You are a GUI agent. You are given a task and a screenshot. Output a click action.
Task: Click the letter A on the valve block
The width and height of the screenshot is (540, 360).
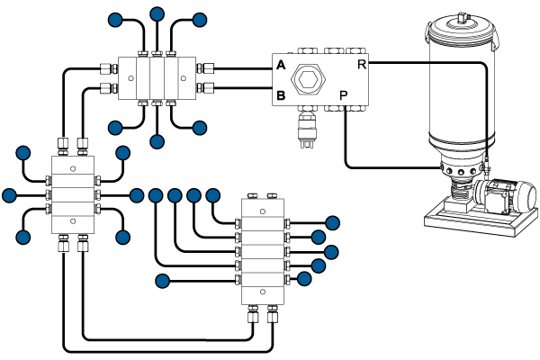(x=281, y=67)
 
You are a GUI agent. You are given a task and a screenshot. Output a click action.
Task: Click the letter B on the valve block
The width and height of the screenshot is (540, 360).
(x=281, y=94)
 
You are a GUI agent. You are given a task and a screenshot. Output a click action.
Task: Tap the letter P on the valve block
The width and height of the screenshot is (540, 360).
(x=344, y=94)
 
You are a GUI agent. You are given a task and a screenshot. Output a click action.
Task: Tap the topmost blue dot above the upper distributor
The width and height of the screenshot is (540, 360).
(x=157, y=14)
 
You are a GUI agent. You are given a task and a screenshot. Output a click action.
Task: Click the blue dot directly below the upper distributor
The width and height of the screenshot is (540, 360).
(x=157, y=140)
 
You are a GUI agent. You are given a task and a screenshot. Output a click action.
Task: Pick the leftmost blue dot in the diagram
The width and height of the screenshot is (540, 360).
(x=10, y=194)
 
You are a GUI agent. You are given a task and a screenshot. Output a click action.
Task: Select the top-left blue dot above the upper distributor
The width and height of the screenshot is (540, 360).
(x=115, y=20)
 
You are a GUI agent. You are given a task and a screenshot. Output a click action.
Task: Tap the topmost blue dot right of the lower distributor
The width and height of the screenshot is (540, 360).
(x=332, y=222)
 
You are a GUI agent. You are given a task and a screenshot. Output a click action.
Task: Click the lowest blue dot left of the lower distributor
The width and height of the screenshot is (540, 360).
(x=163, y=281)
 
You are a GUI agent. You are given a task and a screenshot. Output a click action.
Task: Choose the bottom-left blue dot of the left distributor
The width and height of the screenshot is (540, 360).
(x=21, y=237)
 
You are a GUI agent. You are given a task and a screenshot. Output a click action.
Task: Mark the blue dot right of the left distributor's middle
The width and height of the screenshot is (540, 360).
(x=137, y=194)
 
